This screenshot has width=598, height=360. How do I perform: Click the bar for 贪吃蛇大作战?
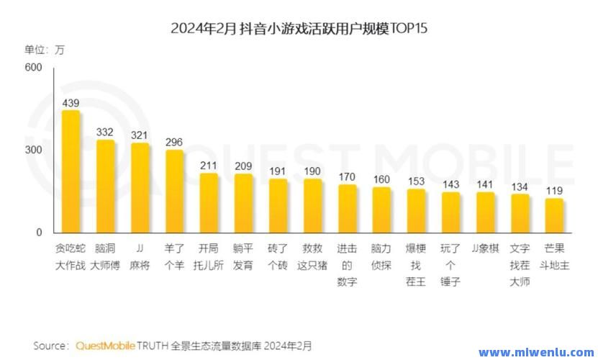pyautogui.click(x=71, y=173)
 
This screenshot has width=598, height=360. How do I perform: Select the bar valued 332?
pyautogui.click(x=106, y=187)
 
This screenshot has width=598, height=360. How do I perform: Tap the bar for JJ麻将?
pyautogui.click(x=140, y=189)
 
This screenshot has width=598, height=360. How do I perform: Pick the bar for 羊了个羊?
pyautogui.click(x=174, y=192)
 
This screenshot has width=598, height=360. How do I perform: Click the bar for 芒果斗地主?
pyautogui.click(x=553, y=216)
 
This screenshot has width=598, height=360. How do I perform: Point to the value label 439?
pyautogui.click(x=71, y=103)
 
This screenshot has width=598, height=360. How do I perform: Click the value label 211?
pyautogui.click(x=209, y=166)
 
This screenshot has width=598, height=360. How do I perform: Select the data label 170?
pyautogui.click(x=347, y=176)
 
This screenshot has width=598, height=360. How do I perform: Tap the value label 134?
pyautogui.click(x=520, y=186)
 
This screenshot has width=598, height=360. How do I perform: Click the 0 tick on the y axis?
pyautogui.click(x=40, y=233)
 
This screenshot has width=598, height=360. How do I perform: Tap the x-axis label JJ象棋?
pyautogui.click(x=485, y=249)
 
